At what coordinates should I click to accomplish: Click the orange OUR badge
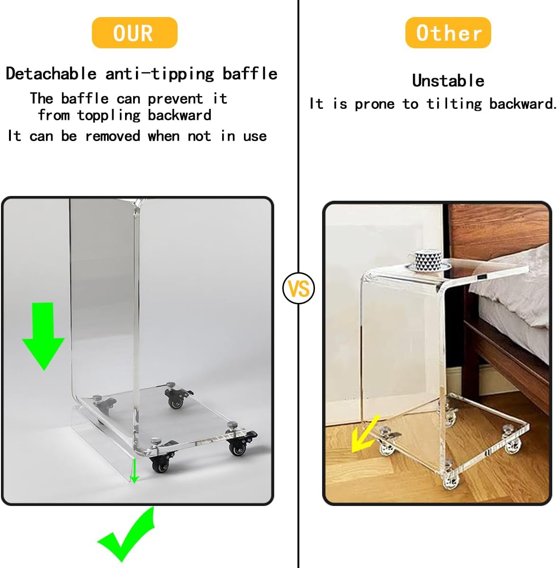[x=135, y=33]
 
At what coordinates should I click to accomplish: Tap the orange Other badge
[x=448, y=33]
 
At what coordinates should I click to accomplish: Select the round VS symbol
[x=298, y=288]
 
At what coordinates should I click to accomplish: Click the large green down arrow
[x=44, y=336]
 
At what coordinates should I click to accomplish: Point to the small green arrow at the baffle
[x=134, y=470]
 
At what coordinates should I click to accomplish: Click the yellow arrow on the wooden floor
[x=365, y=434]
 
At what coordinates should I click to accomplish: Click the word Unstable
[x=448, y=81]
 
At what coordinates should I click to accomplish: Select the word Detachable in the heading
[x=51, y=73]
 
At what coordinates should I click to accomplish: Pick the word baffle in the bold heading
[x=250, y=73]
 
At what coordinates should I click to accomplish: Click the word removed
[x=113, y=136]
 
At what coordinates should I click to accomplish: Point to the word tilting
[x=454, y=104]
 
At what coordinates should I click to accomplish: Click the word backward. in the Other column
[x=522, y=104]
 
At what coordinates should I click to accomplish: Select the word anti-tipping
[x=160, y=74]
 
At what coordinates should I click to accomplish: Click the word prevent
[x=175, y=99]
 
